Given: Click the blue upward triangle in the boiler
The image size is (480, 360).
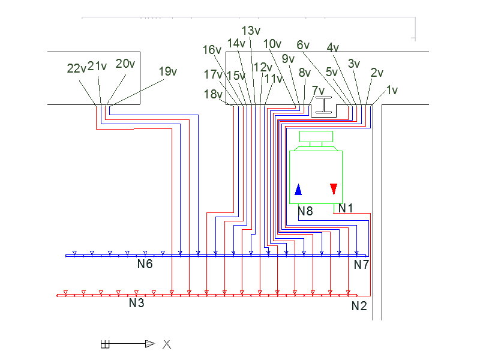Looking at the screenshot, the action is pyautogui.click(x=298, y=190).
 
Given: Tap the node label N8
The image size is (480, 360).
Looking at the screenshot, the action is pyautogui.click(x=305, y=211).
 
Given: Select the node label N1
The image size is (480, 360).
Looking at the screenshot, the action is pyautogui.click(x=346, y=208).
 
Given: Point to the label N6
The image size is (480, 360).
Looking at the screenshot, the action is pyautogui.click(x=145, y=264).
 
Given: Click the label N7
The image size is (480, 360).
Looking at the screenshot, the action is pyautogui.click(x=362, y=265).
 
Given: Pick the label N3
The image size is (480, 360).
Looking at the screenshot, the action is pyautogui.click(x=137, y=303).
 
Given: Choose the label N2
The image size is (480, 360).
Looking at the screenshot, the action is pyautogui.click(x=359, y=306).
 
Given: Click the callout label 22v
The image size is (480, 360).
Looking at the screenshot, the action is pyautogui.click(x=77, y=68).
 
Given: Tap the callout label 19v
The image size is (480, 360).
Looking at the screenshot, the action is pyautogui.click(x=168, y=71).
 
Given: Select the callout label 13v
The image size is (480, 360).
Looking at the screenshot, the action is pyautogui.click(x=251, y=31).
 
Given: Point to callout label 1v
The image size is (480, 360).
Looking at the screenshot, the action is pyautogui.click(x=392, y=90).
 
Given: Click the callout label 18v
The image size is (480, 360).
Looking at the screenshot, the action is pyautogui.click(x=213, y=94).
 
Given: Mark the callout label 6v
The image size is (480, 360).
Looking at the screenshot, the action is pyautogui.click(x=303, y=45).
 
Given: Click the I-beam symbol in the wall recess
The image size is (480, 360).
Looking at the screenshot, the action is pyautogui.click(x=323, y=105).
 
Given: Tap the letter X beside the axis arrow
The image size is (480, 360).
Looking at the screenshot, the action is pyautogui.click(x=167, y=344).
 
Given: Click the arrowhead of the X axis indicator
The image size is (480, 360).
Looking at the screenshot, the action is pyautogui.click(x=150, y=344).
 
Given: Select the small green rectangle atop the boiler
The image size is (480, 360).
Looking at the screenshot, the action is pyautogui.click(x=316, y=137).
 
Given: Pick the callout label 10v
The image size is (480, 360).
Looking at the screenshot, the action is pyautogui.click(x=272, y=44).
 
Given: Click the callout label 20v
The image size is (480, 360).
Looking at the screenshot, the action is pyautogui.click(x=125, y=64).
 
